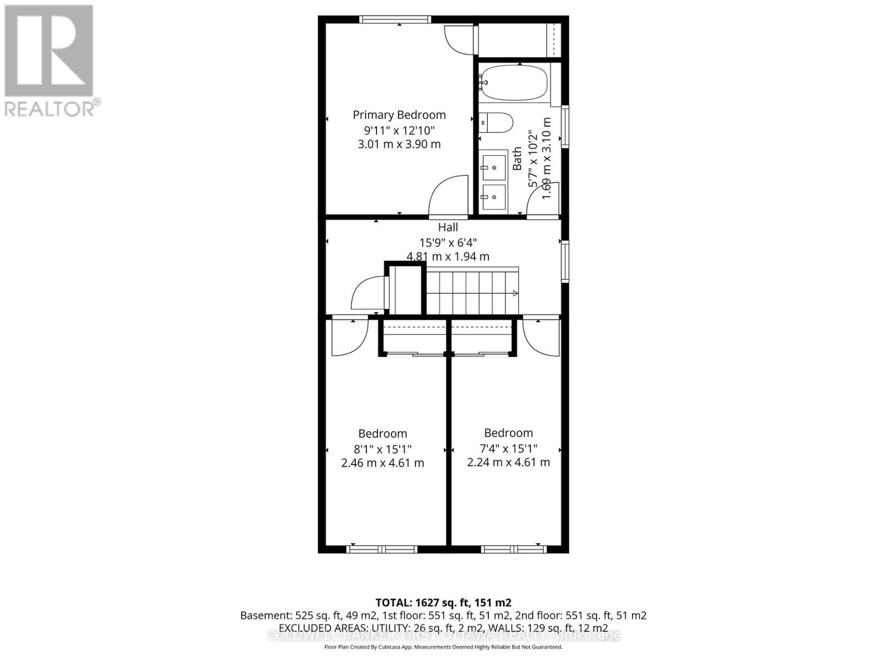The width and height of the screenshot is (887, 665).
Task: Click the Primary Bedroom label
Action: pyautogui.click(x=399, y=115)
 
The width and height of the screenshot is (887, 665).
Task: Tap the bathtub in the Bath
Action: pyautogui.click(x=513, y=83)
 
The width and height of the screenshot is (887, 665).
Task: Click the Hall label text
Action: pyautogui.click(x=448, y=227)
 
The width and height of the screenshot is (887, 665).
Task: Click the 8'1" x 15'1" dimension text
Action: pyautogui.click(x=383, y=448)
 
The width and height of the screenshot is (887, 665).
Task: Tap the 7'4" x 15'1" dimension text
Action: pyautogui.click(x=508, y=448)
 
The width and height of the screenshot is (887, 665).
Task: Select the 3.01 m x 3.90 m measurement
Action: pyautogui.click(x=399, y=144)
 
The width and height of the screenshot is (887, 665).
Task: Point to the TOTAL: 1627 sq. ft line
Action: pyautogui.click(x=443, y=602)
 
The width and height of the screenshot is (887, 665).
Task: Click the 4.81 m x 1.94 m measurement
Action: pyautogui.click(x=448, y=257)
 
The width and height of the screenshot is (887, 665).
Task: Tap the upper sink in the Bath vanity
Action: pyautogui.click(x=493, y=166)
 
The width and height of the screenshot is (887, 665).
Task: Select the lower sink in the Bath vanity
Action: pyautogui.click(x=493, y=197)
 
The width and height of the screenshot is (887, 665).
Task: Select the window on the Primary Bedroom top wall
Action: pyautogui.click(x=394, y=19)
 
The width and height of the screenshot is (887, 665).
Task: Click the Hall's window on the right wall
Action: pyautogui.click(x=565, y=261)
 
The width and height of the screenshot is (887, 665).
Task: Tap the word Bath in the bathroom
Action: pyautogui.click(x=517, y=158)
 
